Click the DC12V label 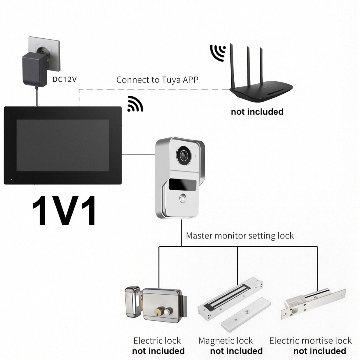(x=64, y=79)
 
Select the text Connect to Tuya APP (x=157, y=80)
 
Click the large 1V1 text (x=64, y=211)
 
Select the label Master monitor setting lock (x=240, y=235)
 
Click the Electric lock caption (x=157, y=340)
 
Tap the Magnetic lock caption (x=226, y=341)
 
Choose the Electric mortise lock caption (x=310, y=340)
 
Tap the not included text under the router (x=257, y=112)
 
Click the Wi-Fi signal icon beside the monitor (x=135, y=104)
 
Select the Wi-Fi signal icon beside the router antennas (x=218, y=52)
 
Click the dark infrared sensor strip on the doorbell (x=182, y=184)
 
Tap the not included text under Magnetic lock (x=236, y=351)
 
